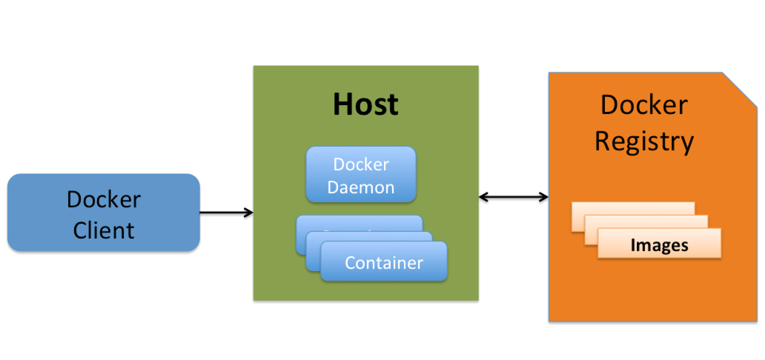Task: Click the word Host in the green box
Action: click(x=365, y=104)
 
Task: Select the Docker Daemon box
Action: click(x=361, y=175)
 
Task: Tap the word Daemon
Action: click(x=361, y=187)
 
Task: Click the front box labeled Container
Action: click(x=384, y=262)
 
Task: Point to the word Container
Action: click(x=384, y=263)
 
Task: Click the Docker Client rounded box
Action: click(x=103, y=213)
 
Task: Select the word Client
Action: click(x=103, y=230)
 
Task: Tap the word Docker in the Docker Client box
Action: click(x=103, y=199)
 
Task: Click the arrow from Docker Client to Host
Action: click(x=226, y=212)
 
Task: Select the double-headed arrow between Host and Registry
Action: click(x=514, y=196)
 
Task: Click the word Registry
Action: click(x=644, y=142)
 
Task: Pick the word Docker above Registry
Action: click(x=644, y=105)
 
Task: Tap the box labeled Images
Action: click(x=659, y=244)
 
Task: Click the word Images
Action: click(x=659, y=245)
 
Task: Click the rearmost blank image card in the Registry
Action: click(x=633, y=208)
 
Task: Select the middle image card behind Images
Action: click(x=645, y=221)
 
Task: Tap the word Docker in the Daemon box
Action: click(x=361, y=164)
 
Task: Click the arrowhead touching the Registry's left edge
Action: click(x=544, y=196)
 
